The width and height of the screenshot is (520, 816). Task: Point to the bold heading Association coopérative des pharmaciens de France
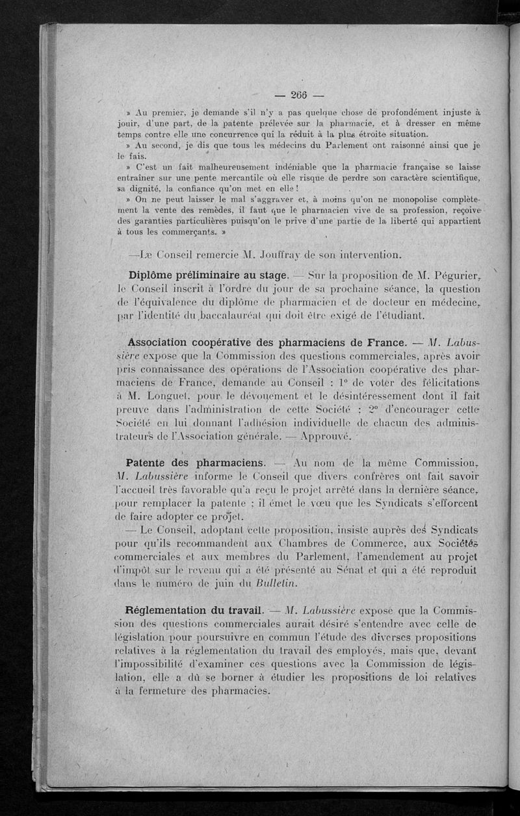click(267, 342)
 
